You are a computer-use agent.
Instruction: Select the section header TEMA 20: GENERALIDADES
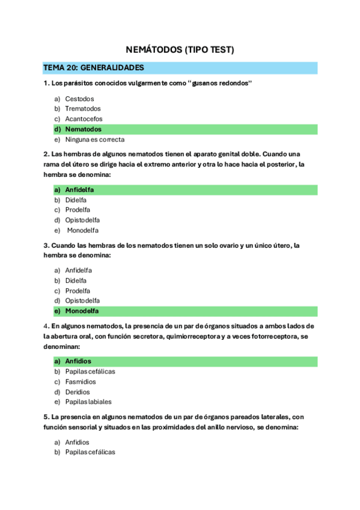pyautogui.click(x=93, y=67)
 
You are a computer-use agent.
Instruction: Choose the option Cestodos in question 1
pyautogui.click(x=79, y=99)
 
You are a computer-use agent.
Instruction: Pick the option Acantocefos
pyautogui.click(x=84, y=119)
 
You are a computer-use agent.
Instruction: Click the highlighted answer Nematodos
pyautogui.click(x=83, y=129)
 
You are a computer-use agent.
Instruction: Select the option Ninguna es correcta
pyautogui.click(x=95, y=140)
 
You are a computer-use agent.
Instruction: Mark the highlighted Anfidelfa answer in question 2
pyautogui.click(x=79, y=190)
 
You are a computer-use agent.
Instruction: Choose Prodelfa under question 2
pyautogui.click(x=78, y=210)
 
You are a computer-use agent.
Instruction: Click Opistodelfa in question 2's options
pyautogui.click(x=82, y=220)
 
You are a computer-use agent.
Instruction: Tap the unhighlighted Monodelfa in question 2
pyautogui.click(x=82, y=230)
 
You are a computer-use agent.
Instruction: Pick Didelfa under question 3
pyautogui.click(x=76, y=280)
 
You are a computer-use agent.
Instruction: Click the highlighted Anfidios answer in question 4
pyautogui.click(x=78, y=361)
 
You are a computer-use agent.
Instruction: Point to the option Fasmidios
pyautogui.click(x=81, y=382)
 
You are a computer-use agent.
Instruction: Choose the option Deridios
pyautogui.click(x=78, y=392)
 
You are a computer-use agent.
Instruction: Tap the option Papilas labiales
pyautogui.click(x=88, y=402)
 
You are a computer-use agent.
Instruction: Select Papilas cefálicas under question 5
pyautogui.click(x=90, y=452)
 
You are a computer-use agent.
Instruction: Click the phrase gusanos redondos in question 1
pyautogui.click(x=219, y=83)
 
